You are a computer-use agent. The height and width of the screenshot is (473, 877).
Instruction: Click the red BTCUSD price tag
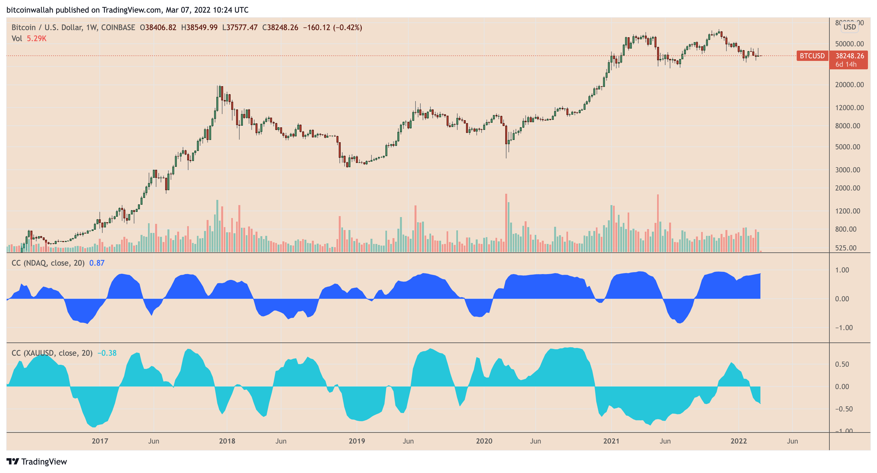(x=812, y=56)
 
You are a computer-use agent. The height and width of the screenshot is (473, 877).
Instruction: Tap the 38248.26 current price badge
(x=849, y=56)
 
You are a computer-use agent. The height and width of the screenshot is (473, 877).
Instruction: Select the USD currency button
(x=849, y=27)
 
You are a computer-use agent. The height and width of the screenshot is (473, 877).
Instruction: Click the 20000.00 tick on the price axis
(x=849, y=85)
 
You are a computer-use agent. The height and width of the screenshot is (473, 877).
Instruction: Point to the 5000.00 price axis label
(x=848, y=147)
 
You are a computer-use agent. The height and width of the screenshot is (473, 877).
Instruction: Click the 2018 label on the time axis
(x=227, y=441)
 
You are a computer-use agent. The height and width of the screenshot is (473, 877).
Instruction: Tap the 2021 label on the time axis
(x=611, y=441)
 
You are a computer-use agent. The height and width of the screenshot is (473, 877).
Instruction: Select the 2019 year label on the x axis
(x=357, y=441)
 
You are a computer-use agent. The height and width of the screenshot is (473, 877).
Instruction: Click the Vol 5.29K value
(x=36, y=39)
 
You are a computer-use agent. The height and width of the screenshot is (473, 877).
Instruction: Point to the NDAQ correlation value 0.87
(x=97, y=263)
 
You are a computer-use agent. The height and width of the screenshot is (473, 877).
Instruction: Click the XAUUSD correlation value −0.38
(x=107, y=353)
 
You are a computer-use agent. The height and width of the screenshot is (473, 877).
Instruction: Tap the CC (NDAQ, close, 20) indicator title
(x=48, y=263)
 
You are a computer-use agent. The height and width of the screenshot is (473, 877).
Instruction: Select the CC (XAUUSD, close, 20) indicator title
(x=52, y=353)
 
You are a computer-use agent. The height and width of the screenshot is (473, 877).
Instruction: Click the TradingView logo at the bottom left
(x=37, y=461)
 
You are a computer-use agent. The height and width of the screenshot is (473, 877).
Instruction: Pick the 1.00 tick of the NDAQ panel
(x=842, y=270)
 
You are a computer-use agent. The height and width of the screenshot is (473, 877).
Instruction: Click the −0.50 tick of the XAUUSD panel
(x=844, y=409)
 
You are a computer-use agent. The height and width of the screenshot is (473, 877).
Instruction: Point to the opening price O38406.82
(x=158, y=27)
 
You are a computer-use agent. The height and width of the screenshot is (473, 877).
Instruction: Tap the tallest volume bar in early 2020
(x=506, y=223)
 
